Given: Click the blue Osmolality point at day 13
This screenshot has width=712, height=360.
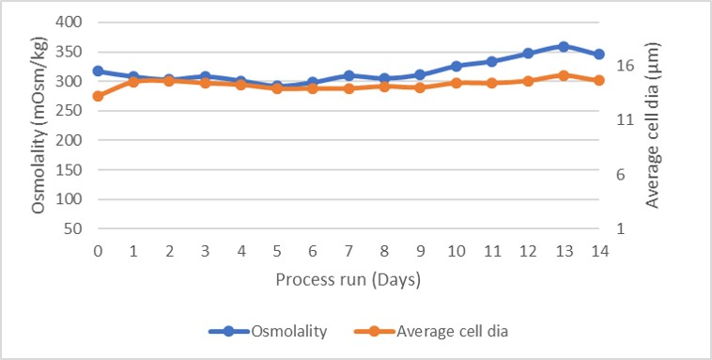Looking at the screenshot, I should [564, 46].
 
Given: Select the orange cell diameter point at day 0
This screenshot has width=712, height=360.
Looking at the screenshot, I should [98, 96].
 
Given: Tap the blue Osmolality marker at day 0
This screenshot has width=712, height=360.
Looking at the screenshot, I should [98, 70].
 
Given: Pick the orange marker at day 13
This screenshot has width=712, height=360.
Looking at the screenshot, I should [564, 75].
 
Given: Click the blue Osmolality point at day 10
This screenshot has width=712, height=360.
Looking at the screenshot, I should [457, 66].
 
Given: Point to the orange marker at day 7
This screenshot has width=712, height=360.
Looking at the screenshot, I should [348, 88].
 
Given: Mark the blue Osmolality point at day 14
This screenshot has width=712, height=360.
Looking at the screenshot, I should [599, 55].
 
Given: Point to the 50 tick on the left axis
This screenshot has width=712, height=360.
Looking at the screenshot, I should [74, 228].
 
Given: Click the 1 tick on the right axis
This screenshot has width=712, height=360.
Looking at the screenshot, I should [622, 228].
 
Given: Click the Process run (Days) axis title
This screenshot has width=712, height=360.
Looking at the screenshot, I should [348, 280].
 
